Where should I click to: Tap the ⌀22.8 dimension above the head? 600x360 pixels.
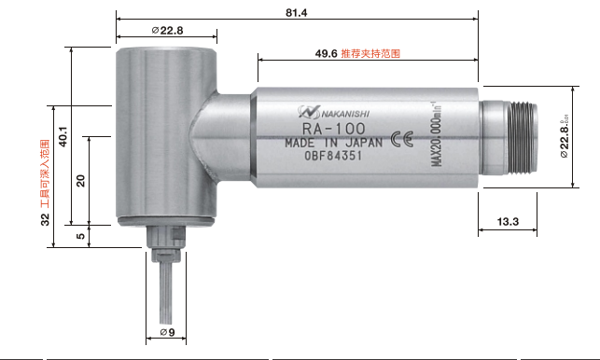click(x=167, y=31)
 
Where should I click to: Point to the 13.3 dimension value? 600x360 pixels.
click(x=509, y=222)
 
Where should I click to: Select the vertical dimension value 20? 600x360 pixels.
click(x=80, y=180)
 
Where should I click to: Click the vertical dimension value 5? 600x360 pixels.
click(x=80, y=236)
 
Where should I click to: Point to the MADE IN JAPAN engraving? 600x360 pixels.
click(x=333, y=143)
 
